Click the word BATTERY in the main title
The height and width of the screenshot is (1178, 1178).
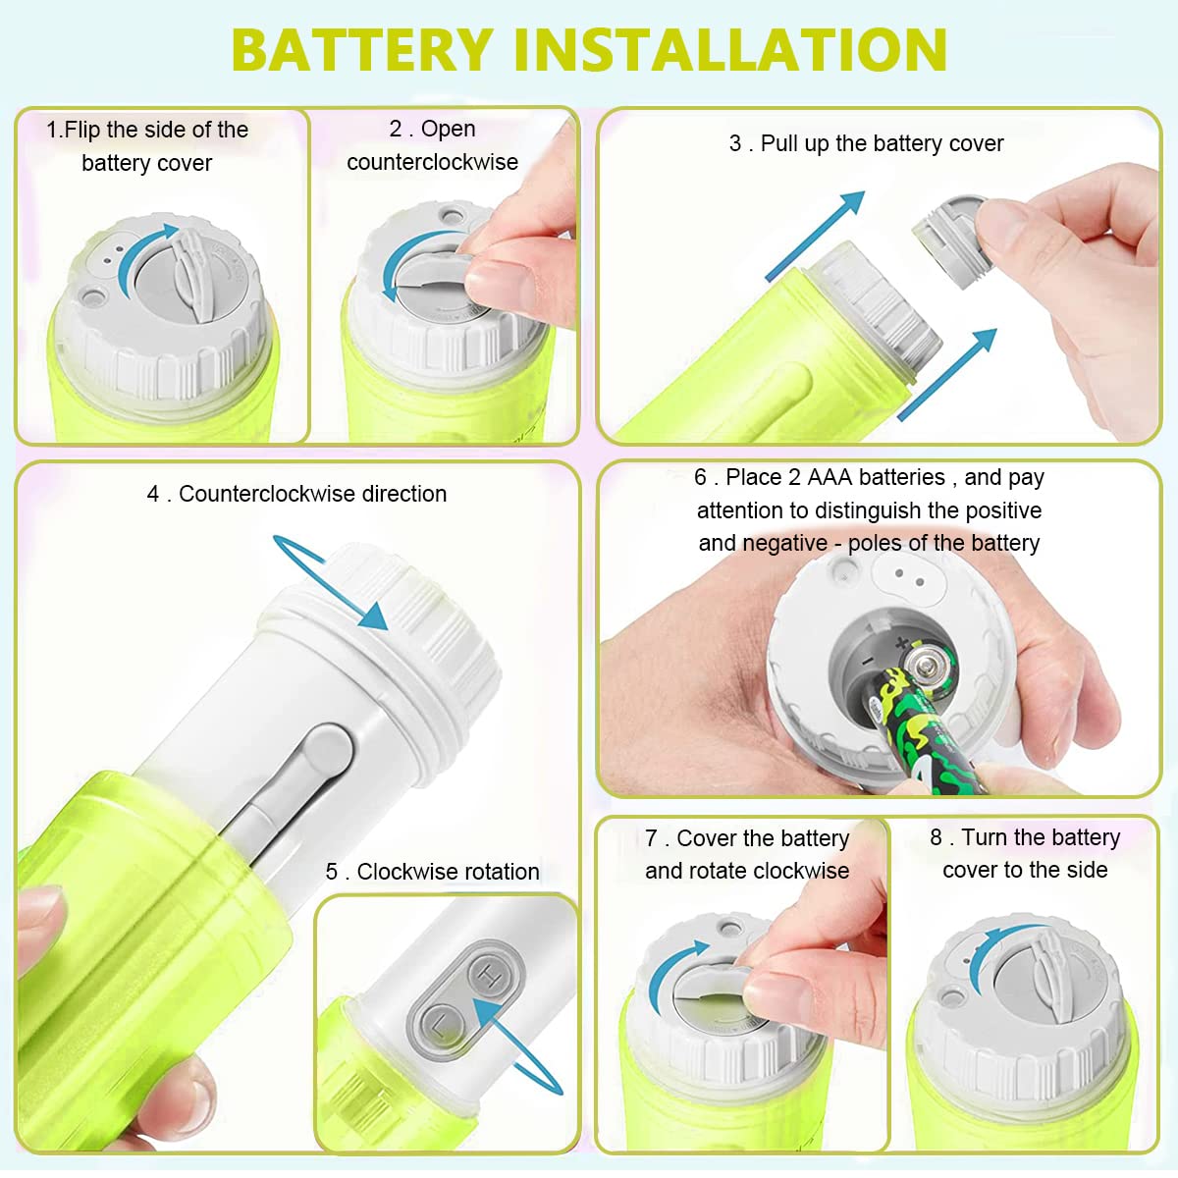[362, 49]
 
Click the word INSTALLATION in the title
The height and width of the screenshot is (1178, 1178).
[730, 49]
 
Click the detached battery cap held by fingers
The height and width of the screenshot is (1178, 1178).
[949, 240]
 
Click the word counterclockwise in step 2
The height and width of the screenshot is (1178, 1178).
[432, 163]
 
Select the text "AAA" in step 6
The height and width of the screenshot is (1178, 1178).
[830, 477]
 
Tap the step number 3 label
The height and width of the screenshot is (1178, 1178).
[735, 144]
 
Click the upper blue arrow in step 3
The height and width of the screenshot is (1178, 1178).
[816, 236]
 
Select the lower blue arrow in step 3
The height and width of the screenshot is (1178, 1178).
[947, 375]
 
